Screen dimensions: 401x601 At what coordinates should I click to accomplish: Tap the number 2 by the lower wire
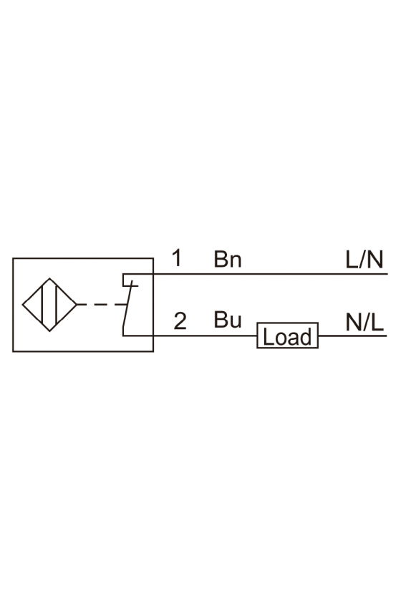[180, 321]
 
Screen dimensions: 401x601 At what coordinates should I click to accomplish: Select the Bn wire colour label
[228, 259]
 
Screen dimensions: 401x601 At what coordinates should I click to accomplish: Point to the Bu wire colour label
[228, 320]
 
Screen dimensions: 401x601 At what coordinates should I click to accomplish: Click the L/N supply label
[364, 259]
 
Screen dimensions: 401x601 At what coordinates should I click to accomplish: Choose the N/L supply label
[364, 323]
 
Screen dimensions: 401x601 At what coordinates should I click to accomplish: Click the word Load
[287, 337]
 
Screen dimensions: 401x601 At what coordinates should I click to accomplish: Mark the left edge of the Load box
[257, 336]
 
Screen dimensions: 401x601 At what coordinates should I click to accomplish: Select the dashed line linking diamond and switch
[102, 305]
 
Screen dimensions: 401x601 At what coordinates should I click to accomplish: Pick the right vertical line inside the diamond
[57, 305]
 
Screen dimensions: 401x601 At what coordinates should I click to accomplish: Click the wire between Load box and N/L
[352, 336]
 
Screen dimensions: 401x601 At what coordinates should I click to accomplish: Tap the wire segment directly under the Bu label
[228, 336]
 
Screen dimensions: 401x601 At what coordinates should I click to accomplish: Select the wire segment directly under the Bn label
[228, 274]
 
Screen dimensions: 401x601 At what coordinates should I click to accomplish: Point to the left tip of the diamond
[22, 305]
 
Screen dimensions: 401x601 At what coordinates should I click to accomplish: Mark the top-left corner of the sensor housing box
[13, 258]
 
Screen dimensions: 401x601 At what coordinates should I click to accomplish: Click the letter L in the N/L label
[378, 323]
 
